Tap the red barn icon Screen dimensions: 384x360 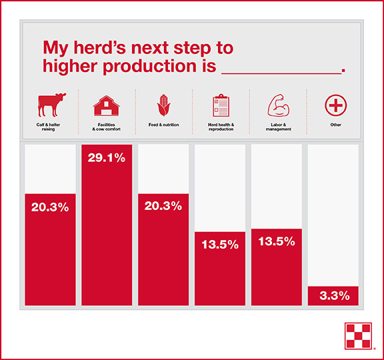[x=106, y=105]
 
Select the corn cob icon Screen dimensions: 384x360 [x=163, y=105]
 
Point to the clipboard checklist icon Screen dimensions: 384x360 [x=221, y=105]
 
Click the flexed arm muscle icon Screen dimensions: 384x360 [x=279, y=105]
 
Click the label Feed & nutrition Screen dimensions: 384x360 [x=163, y=125]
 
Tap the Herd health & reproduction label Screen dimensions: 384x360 [x=221, y=127]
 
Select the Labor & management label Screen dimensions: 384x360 [x=279, y=127]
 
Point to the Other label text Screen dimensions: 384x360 [x=336, y=125]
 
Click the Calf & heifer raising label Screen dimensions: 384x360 [x=48, y=127]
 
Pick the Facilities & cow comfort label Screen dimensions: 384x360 [x=106, y=127]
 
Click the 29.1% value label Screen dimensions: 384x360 [x=107, y=158]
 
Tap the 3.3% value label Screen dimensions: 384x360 [x=335, y=295]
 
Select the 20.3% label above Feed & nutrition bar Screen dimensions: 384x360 [x=163, y=206]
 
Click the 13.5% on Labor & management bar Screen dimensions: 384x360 [x=277, y=241]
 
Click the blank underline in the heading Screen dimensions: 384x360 [x=281, y=73]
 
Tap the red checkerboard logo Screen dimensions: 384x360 [x=358, y=336]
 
